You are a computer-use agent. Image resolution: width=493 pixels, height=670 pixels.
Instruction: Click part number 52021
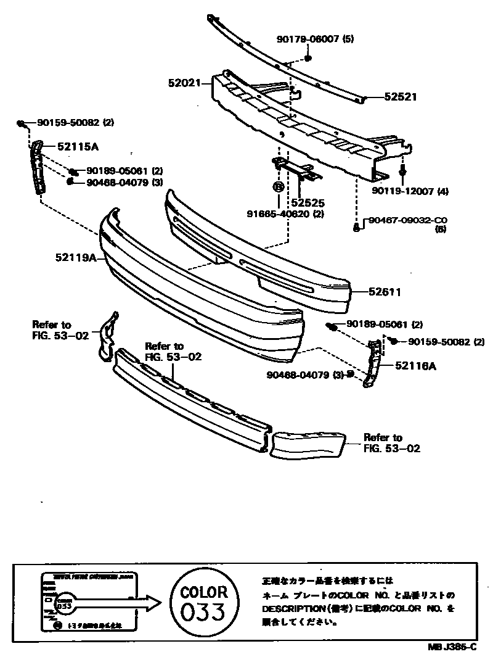click(x=184, y=81)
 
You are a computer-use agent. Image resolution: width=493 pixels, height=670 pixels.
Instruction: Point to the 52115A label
click(x=78, y=147)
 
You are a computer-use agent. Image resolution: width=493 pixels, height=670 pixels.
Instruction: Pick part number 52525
click(x=308, y=202)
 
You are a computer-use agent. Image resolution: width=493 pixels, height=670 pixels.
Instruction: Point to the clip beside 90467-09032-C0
click(x=357, y=227)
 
